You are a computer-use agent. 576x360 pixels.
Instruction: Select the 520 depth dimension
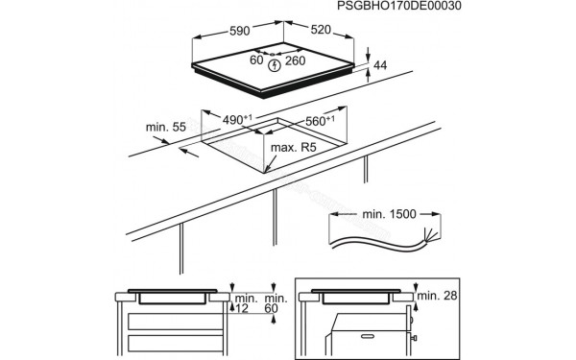(x=319, y=29)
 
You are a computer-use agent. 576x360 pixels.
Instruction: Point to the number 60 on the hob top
(x=257, y=60)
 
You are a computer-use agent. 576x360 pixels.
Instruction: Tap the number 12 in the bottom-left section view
(x=241, y=309)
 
